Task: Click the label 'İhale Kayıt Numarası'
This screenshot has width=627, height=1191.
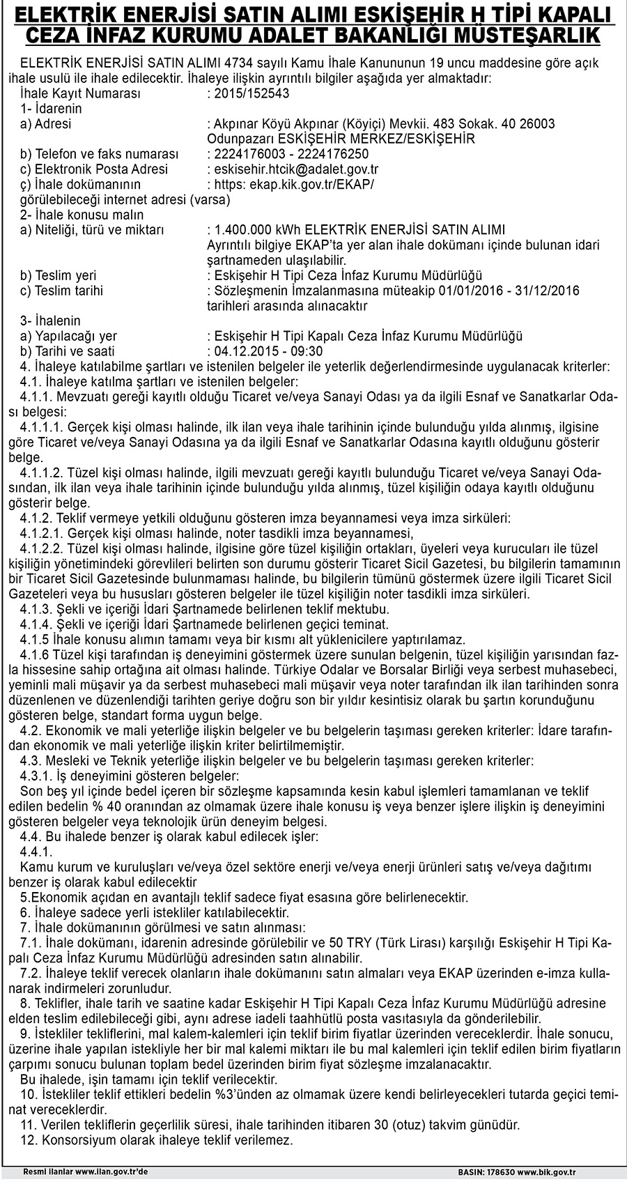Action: [81, 93]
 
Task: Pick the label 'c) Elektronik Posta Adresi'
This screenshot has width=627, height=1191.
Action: [94, 169]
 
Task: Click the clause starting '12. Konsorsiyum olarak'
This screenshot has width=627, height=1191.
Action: [157, 1141]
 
